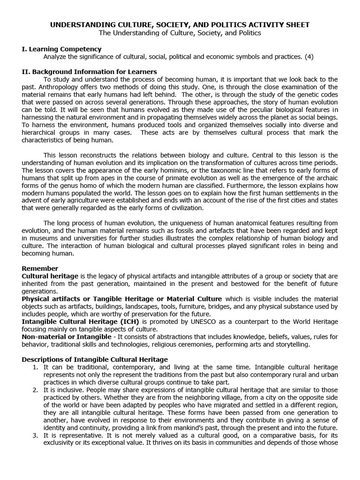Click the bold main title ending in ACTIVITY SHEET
click(180, 25)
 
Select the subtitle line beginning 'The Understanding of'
click(180, 33)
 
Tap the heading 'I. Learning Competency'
click(61, 49)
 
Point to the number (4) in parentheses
click(308, 57)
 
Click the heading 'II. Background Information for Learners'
click(89, 72)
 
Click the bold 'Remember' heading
click(40, 269)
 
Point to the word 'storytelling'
click(290, 345)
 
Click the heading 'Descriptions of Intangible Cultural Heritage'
click(95, 360)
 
